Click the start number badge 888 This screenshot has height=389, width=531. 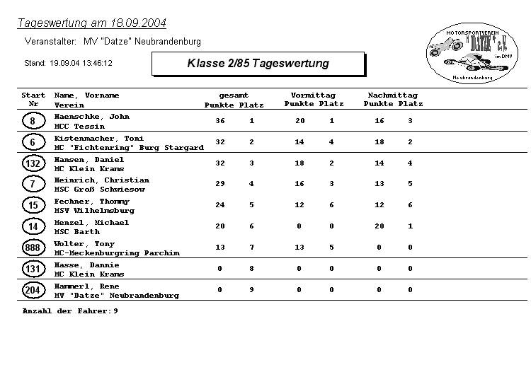tap(33, 248)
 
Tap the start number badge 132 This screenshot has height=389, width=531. tap(33, 163)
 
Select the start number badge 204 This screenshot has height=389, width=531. tap(33, 291)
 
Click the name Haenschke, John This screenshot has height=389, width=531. tap(91, 117)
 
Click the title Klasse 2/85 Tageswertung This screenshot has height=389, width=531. tap(258, 64)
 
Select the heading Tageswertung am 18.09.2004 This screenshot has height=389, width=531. tap(91, 23)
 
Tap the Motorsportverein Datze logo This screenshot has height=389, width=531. tap(468, 53)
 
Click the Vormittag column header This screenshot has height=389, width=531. tap(313, 95)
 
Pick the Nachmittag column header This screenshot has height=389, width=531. tap(392, 95)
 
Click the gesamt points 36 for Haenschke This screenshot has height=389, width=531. tap(220, 121)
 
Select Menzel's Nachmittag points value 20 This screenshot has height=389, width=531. tap(379, 226)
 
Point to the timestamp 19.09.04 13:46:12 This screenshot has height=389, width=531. tap(81, 64)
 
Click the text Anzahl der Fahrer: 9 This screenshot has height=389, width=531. tap(70, 311)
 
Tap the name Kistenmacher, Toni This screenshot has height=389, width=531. tap(98, 139)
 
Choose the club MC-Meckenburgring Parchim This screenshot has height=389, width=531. tap(117, 253)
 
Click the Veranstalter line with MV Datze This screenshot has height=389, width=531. tap(113, 42)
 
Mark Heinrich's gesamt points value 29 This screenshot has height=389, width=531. tap(220, 184)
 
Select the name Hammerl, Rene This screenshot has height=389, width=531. tap(86, 286)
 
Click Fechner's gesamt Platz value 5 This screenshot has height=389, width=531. tap(251, 205)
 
